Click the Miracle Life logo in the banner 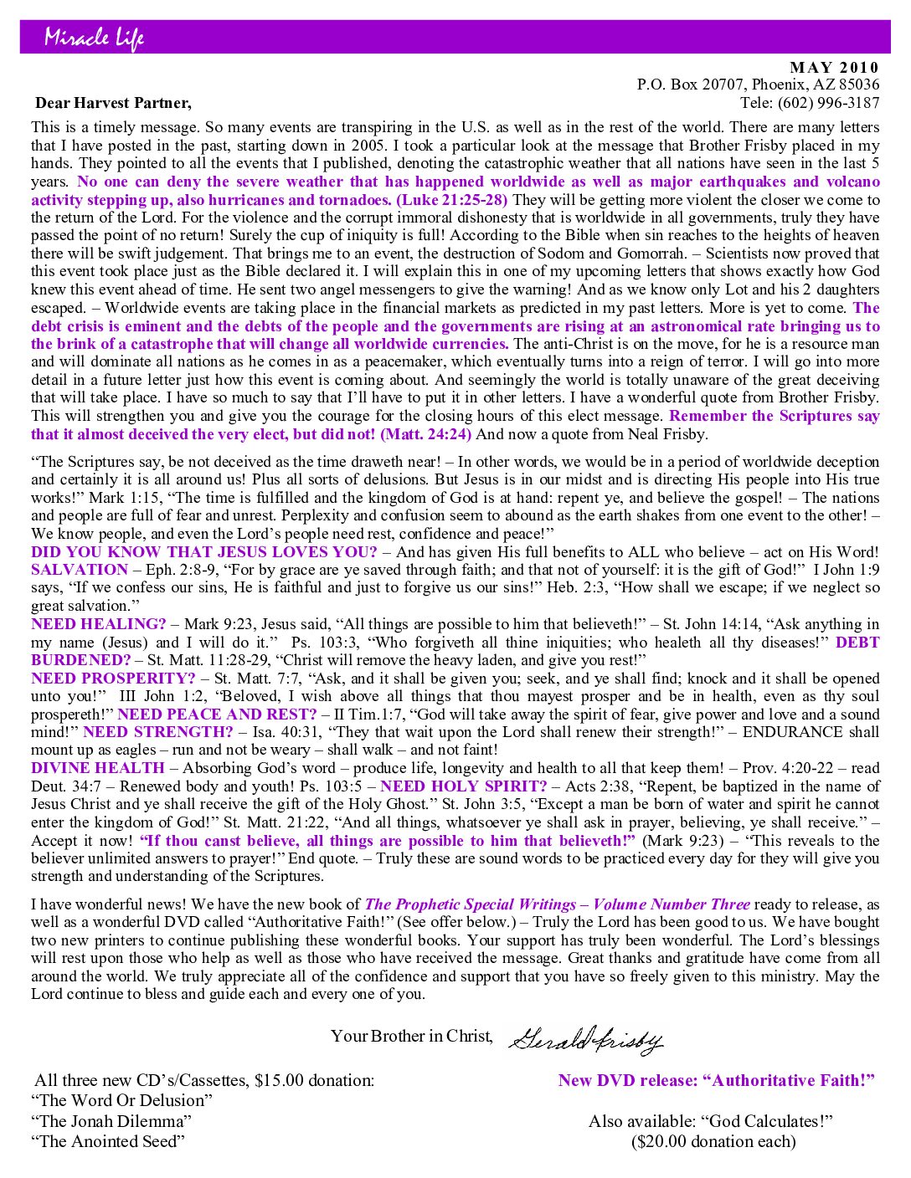click(94, 38)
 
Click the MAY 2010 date click(834, 68)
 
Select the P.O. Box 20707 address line click(758, 85)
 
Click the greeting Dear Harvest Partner click(113, 103)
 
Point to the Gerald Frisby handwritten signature click(585, 1039)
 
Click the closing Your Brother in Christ click(411, 1036)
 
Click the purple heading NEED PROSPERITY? click(113, 679)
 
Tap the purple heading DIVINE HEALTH click(98, 768)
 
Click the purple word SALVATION click(80, 570)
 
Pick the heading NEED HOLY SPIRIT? click(463, 786)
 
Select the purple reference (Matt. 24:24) click(425, 434)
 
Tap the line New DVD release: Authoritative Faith click(716, 1080)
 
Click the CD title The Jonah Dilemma click(111, 1121)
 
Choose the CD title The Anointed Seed click(108, 1141)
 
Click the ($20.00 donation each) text click(713, 1141)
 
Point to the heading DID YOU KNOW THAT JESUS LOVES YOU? click(204, 552)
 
